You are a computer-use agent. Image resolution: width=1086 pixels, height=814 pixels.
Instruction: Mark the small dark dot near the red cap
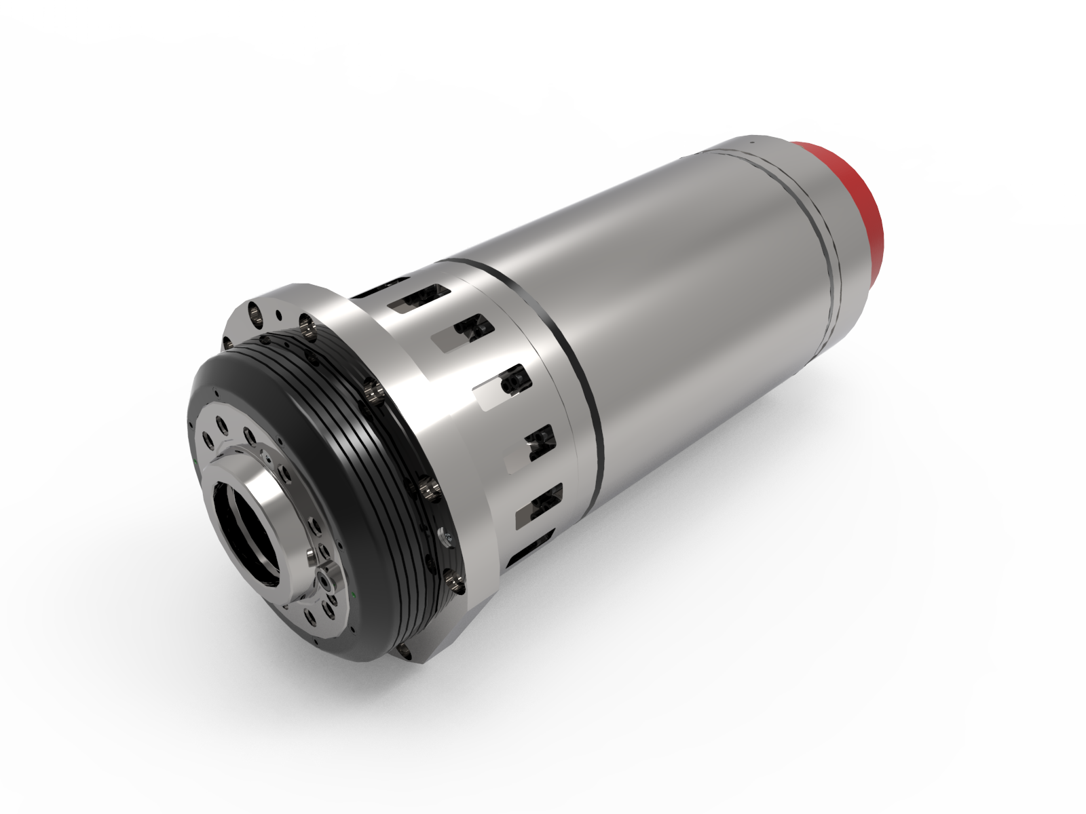[752, 142]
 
